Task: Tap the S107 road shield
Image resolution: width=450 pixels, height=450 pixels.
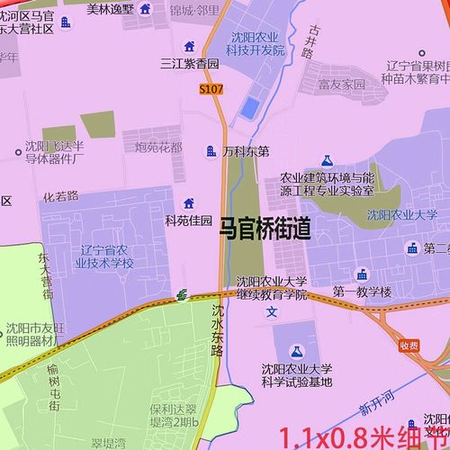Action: [211, 89]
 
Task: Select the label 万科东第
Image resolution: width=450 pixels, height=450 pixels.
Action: [246, 152]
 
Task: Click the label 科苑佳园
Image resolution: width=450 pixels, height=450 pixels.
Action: [188, 220]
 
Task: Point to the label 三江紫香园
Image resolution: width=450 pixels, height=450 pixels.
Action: [189, 64]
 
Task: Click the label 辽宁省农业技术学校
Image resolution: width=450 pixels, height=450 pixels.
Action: [106, 256]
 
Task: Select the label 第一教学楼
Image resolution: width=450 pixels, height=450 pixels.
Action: [362, 292]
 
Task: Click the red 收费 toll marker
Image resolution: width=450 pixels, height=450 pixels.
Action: [409, 344]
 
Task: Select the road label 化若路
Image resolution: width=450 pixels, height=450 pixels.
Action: [60, 195]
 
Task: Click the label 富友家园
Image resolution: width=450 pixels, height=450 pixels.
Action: [341, 84]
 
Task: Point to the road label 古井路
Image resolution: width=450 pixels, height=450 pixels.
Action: [310, 40]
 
